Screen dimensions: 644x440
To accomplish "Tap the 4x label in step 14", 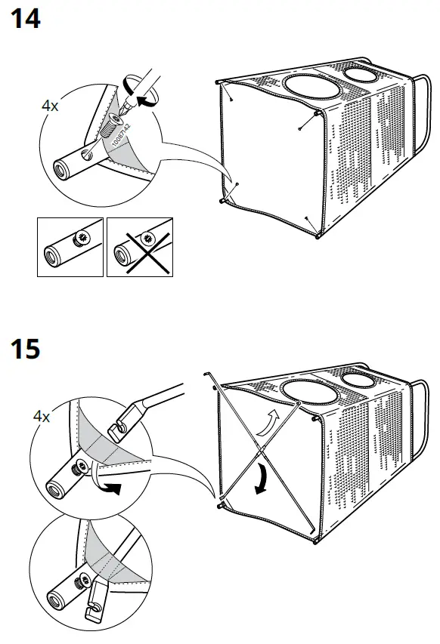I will (x=50, y=106).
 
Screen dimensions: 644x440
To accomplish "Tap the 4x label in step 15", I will (x=42, y=415).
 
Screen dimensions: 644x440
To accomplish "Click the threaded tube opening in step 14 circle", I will (x=57, y=165).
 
